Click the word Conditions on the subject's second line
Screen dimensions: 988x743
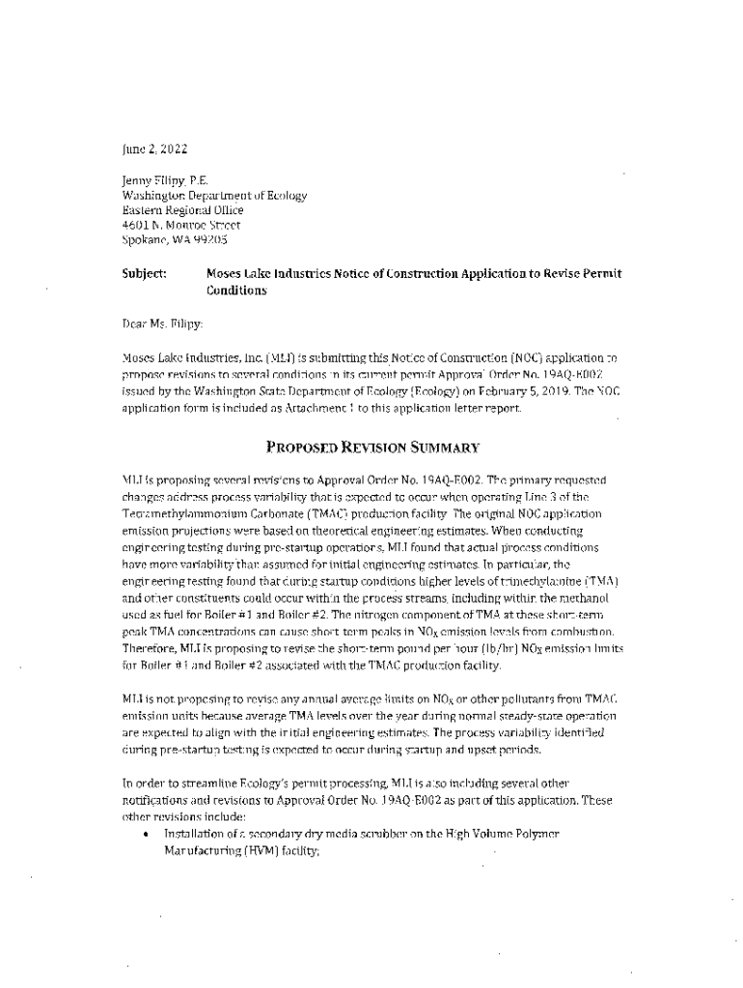pos(235,289)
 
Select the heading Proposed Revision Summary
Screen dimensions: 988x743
pos(372,447)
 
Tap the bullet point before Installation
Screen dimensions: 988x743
pos(144,833)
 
